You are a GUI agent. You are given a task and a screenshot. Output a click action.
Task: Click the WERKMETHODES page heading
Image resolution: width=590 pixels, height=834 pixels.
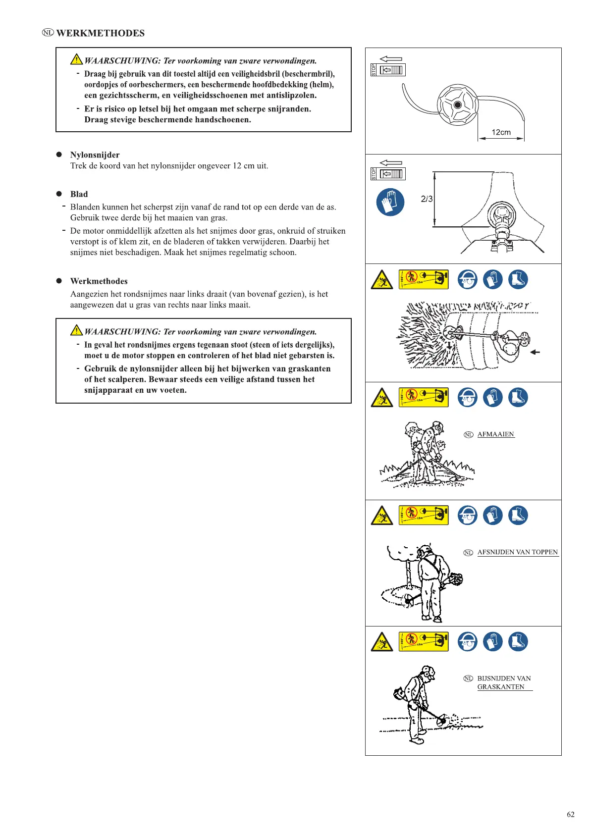pos(100,33)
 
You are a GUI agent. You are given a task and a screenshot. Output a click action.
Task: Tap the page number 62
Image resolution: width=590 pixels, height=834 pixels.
pos(571,814)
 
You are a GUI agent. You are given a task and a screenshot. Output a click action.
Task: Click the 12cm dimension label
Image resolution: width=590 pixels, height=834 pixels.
pos(501,132)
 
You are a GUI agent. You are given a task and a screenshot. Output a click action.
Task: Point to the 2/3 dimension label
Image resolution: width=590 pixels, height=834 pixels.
pos(427,199)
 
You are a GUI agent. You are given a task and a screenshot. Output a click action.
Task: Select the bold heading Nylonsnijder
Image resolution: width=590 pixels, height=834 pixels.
pos(95,155)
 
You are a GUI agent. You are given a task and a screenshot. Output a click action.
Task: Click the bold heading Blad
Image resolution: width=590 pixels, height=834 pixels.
pos(79,194)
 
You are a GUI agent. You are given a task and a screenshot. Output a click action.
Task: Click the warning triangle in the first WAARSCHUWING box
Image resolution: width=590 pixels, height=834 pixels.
pos(76,60)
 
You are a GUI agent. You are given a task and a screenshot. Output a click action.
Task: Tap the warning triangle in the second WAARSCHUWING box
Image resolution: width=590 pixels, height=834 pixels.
pos(76,330)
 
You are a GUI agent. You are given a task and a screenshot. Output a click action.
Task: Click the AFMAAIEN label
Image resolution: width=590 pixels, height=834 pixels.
pos(495,434)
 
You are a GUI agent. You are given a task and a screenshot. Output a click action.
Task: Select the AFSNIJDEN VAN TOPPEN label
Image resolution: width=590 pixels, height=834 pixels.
pos(517,552)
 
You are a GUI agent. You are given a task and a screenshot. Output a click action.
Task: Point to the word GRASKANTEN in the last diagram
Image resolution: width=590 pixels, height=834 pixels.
pos(500,687)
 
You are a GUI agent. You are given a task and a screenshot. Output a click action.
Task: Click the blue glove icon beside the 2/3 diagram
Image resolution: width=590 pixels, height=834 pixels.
pos(390,202)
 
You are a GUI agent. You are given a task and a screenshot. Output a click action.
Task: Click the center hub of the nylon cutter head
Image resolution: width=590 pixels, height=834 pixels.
pos(457,104)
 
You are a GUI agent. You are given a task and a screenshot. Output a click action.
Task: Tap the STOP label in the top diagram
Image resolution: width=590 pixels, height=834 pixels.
pos(374,70)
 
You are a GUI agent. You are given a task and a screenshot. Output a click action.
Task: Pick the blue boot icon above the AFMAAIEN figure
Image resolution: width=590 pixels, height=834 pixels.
pos(518,397)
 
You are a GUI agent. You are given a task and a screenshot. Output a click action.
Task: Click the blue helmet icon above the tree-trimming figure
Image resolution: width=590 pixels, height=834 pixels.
pos(467,515)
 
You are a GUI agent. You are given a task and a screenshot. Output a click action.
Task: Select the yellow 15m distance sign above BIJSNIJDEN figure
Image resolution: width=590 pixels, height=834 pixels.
pos(424,642)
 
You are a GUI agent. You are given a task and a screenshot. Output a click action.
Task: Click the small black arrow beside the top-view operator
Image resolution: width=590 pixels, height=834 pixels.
pos(535,352)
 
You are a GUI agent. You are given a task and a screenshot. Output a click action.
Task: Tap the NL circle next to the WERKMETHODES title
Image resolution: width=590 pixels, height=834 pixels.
pos(48,33)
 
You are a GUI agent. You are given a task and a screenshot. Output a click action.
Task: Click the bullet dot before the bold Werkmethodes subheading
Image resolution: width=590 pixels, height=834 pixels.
pos(59,281)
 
